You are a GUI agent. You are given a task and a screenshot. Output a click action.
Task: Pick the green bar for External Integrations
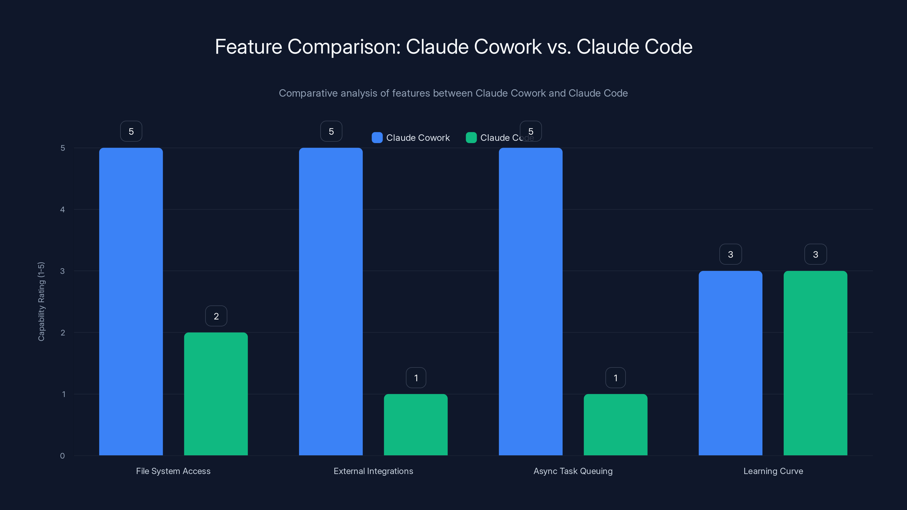click(x=416, y=424)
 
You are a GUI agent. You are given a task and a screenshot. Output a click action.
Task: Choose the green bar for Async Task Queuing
click(x=615, y=424)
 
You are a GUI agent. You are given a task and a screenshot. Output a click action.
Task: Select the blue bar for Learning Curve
click(x=730, y=363)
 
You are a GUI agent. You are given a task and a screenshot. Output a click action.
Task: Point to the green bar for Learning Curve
click(x=815, y=363)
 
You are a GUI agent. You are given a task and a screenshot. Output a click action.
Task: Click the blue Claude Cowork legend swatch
click(x=377, y=138)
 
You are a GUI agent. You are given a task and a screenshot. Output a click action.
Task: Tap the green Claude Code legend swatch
click(x=471, y=138)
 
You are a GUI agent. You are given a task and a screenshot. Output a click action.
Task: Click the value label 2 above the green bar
click(x=216, y=316)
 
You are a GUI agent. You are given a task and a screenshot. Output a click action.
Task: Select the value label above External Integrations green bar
click(x=416, y=378)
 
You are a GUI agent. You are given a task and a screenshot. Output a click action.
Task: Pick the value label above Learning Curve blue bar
click(x=730, y=254)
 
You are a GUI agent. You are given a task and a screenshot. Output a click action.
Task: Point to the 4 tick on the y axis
click(x=62, y=210)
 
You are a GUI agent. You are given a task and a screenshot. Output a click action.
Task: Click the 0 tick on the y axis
click(x=62, y=456)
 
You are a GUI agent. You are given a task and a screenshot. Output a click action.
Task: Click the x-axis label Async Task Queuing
click(x=573, y=471)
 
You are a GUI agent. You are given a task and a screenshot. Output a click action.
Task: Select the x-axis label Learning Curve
click(x=773, y=471)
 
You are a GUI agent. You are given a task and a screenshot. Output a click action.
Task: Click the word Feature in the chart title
click(x=248, y=46)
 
